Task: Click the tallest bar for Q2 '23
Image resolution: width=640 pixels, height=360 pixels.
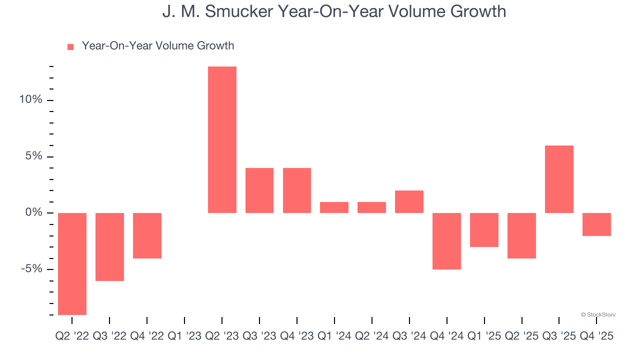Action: pyautogui.click(x=222, y=140)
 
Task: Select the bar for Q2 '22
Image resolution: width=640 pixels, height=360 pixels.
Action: pyautogui.click(x=72, y=263)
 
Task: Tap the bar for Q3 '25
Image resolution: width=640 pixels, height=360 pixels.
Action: pyautogui.click(x=559, y=179)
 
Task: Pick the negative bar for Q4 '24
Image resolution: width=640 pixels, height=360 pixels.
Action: pyautogui.click(x=446, y=241)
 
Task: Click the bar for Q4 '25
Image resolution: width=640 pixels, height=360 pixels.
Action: pyautogui.click(x=596, y=224)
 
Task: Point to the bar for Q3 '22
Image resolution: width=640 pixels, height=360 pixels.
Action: pyautogui.click(x=109, y=246)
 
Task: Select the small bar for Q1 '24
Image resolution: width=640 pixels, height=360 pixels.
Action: pyautogui.click(x=334, y=207)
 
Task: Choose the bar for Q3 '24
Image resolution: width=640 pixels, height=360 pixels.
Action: pyautogui.click(x=409, y=201)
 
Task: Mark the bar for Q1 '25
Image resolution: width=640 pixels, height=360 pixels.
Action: pyautogui.click(x=484, y=230)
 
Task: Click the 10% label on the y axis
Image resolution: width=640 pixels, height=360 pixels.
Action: pyautogui.click(x=30, y=100)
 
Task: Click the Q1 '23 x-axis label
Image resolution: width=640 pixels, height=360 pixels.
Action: pyautogui.click(x=184, y=336)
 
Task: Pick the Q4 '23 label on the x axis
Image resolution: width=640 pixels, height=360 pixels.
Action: pyautogui.click(x=297, y=336)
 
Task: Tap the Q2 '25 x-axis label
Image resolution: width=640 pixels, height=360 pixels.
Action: pyautogui.click(x=521, y=336)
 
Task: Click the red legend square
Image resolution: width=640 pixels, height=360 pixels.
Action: pyautogui.click(x=70, y=46)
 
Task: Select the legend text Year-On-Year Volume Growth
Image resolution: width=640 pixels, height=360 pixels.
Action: pyautogui.click(x=158, y=46)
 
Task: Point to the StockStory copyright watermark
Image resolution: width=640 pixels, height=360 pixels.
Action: pyautogui.click(x=598, y=315)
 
